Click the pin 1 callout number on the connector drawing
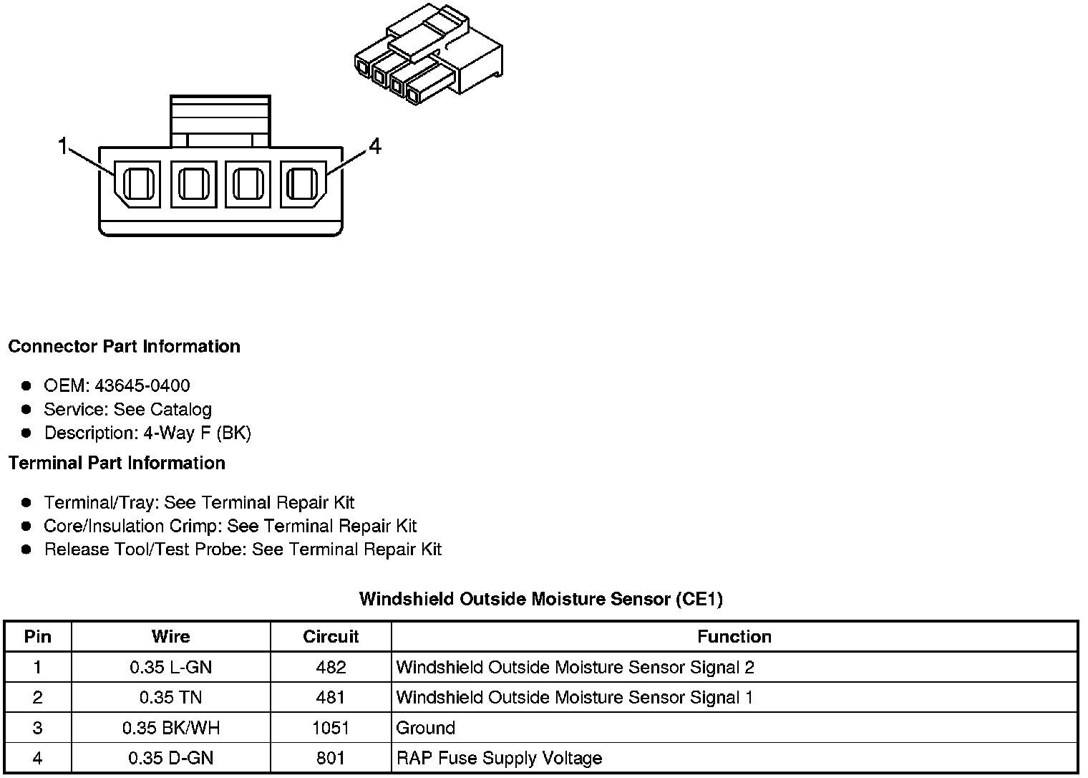click(x=62, y=147)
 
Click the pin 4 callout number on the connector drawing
click(x=375, y=147)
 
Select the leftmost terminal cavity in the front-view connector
click(x=138, y=184)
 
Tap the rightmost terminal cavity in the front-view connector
click(x=303, y=184)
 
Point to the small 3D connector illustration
click(x=428, y=57)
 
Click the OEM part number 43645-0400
click(x=142, y=386)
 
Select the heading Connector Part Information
click(x=124, y=347)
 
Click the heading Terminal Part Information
click(x=117, y=464)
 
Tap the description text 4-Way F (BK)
click(x=197, y=433)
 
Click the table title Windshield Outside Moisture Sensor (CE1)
click(x=541, y=599)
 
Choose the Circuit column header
click(x=331, y=637)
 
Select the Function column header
click(x=734, y=637)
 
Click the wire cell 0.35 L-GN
click(x=171, y=668)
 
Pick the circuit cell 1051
click(x=331, y=729)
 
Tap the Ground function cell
click(x=426, y=729)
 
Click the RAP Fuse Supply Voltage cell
click(x=499, y=759)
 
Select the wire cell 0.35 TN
click(x=171, y=698)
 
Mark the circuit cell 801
click(x=331, y=759)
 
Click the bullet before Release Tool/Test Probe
click(x=26, y=550)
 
